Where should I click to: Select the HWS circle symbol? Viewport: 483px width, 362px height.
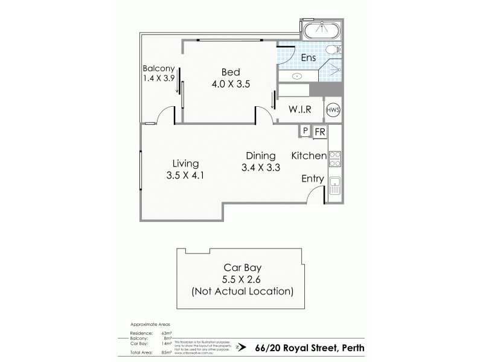(333, 110)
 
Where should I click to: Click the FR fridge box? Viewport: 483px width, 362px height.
(319, 131)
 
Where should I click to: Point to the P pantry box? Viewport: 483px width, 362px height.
(305, 131)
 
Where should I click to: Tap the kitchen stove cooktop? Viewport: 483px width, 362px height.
(335, 158)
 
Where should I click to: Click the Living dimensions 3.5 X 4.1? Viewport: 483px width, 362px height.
(185, 176)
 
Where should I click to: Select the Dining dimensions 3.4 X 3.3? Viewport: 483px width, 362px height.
(260, 168)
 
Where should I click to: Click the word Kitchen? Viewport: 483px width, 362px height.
(309, 156)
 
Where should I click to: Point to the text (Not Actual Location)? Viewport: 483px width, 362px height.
(241, 292)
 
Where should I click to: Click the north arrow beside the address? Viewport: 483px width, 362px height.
(242, 348)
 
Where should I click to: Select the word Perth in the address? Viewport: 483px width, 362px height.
(350, 348)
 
